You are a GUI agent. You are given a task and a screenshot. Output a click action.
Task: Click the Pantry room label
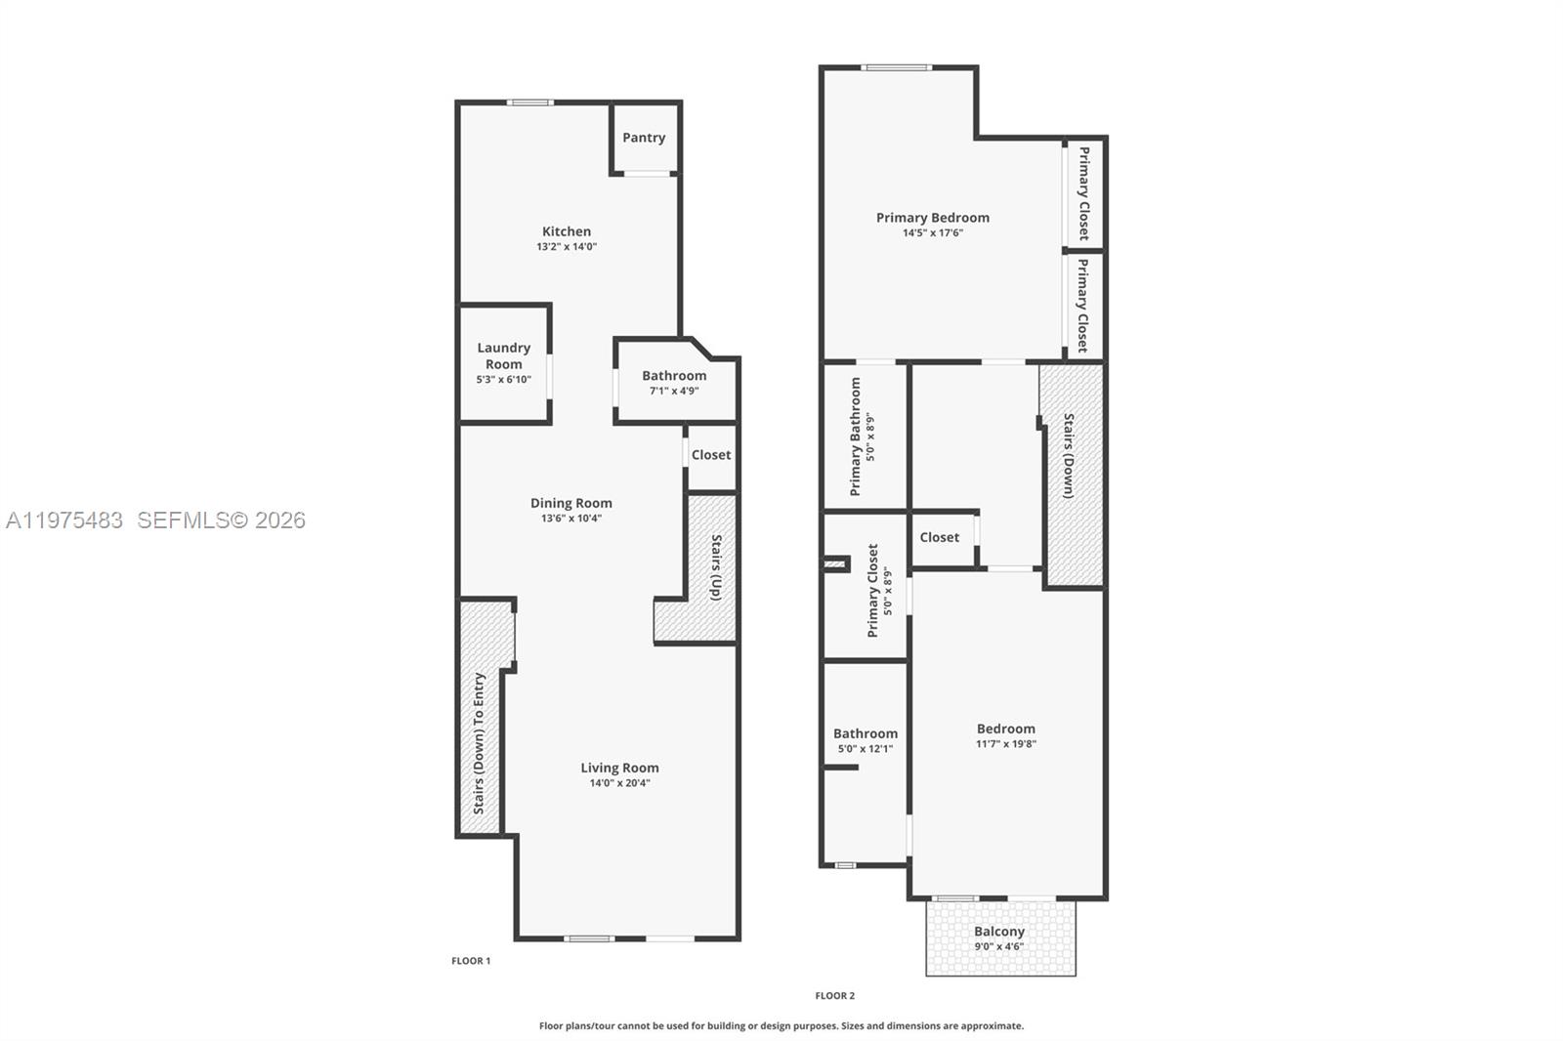point(644,138)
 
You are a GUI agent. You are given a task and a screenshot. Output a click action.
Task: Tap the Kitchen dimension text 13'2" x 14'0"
point(567,247)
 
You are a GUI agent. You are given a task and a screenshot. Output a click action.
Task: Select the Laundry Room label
point(504,355)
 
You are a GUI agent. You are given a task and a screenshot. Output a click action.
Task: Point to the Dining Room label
point(571,503)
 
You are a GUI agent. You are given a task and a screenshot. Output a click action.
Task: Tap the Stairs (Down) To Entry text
point(479,743)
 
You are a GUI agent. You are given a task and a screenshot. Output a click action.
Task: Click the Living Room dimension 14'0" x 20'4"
point(619,783)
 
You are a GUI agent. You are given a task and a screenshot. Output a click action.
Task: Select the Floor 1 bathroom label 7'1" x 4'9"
point(674,391)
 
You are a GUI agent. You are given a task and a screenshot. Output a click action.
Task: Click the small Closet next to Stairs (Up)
point(711,455)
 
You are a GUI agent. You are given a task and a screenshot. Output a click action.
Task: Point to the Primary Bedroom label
point(933,218)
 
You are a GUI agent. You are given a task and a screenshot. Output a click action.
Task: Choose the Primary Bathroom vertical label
point(856,437)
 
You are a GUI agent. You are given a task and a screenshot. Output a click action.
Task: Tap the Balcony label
point(999,932)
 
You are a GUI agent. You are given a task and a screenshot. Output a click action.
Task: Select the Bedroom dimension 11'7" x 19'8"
point(1006,744)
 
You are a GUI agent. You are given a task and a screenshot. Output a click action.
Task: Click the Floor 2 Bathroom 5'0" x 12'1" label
point(866,749)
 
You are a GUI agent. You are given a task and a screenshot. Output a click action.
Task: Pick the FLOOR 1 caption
point(471,961)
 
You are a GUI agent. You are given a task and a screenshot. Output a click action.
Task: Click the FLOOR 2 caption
point(835,996)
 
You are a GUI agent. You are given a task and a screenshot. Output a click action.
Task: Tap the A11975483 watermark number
point(64,520)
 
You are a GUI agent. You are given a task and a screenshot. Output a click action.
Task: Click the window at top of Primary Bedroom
point(897,67)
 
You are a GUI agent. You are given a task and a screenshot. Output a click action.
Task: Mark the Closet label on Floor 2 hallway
point(940,537)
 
